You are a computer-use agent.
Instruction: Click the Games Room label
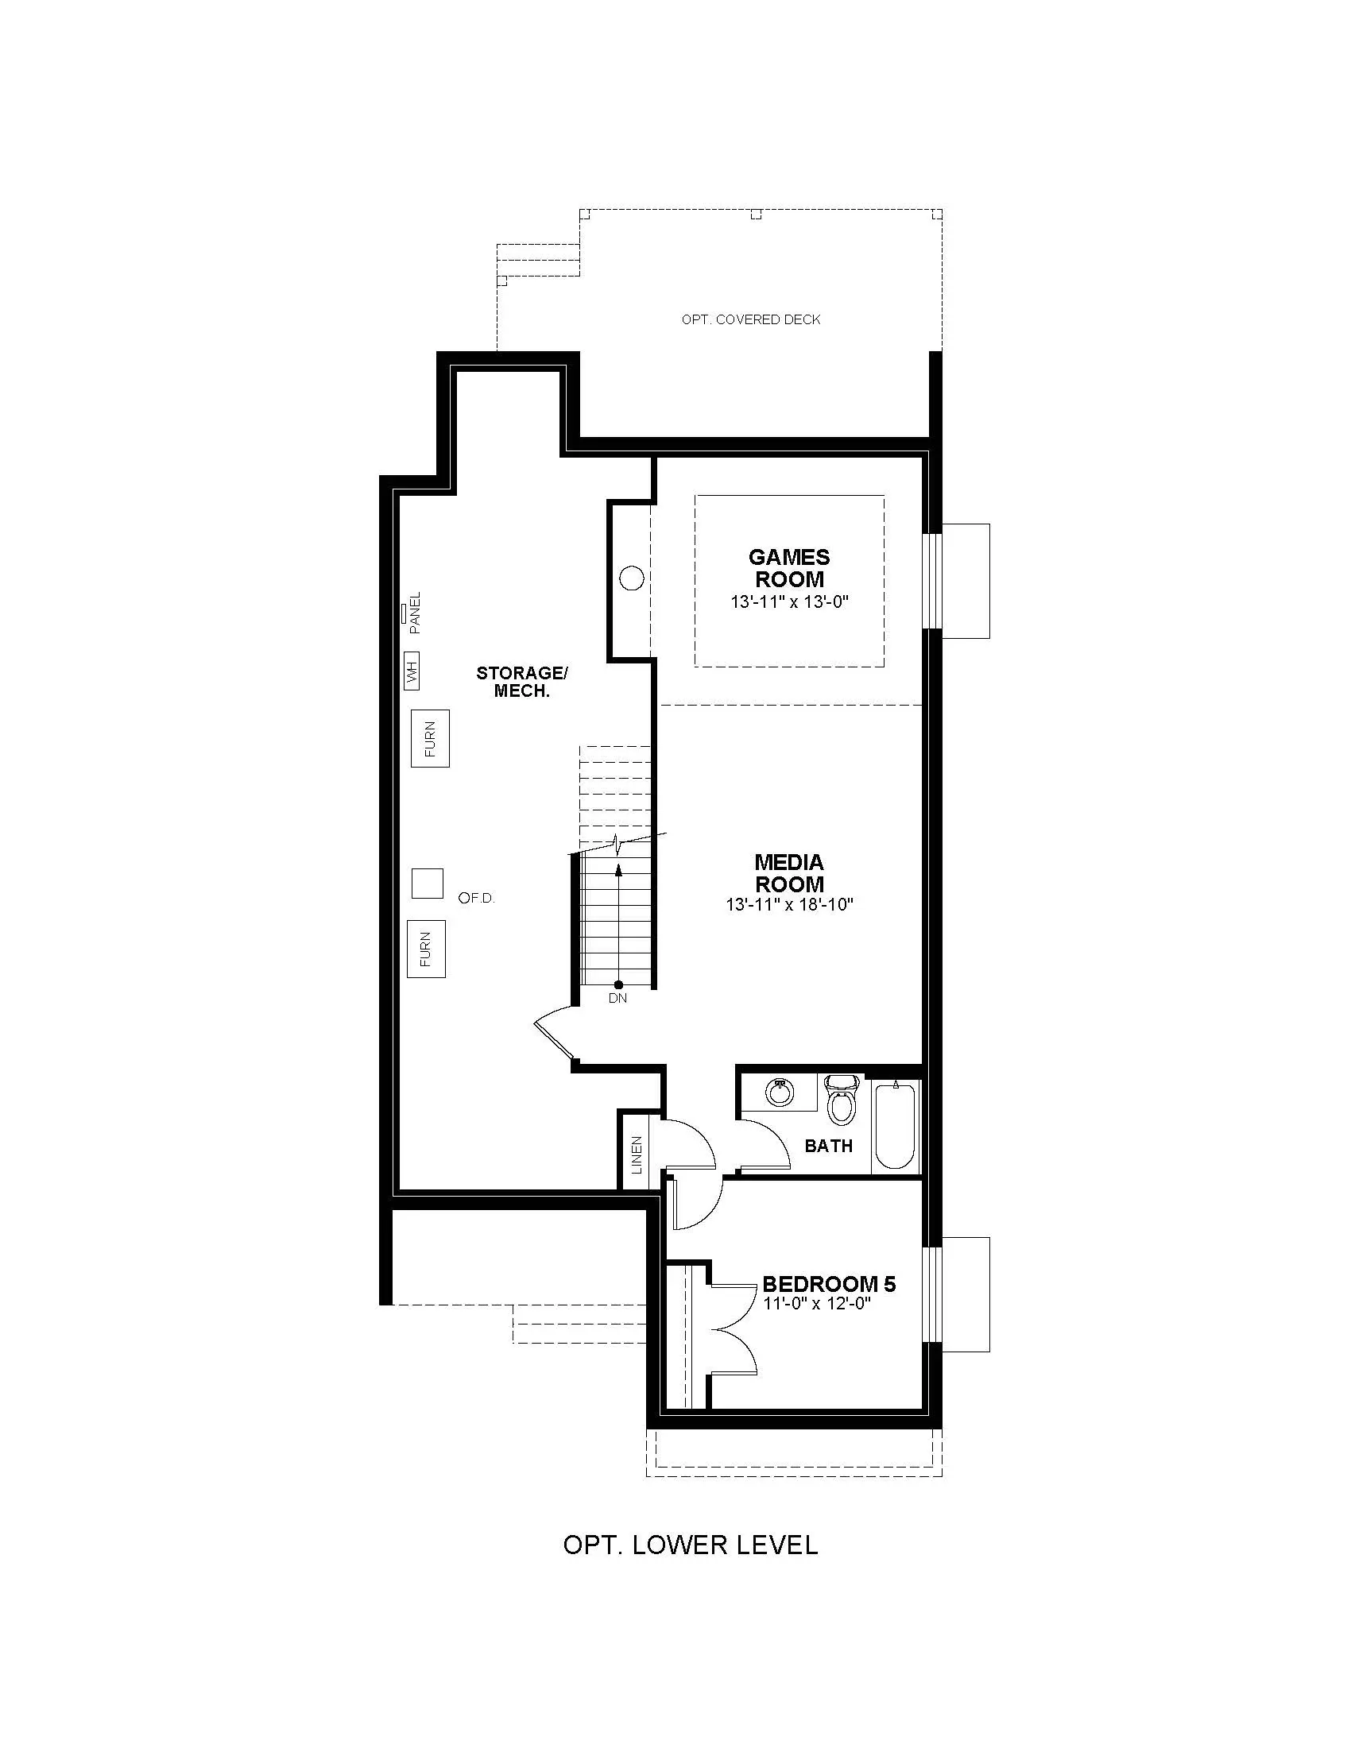[x=789, y=567]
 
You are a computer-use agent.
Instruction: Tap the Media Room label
[x=789, y=873]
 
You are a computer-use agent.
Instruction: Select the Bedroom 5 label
[x=829, y=1285]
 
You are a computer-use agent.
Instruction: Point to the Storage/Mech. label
[x=522, y=682]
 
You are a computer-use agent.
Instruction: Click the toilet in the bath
[x=840, y=1099]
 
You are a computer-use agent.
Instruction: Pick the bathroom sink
[x=778, y=1092]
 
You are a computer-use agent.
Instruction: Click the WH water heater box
[x=412, y=670]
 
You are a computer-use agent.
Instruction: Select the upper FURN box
[x=430, y=738]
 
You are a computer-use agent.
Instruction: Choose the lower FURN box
[x=426, y=949]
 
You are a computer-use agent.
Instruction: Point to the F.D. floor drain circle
[x=463, y=898]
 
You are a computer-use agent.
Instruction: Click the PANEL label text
[x=414, y=613]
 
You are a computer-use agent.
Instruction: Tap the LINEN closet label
[x=637, y=1155]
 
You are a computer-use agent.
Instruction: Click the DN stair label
[x=617, y=998]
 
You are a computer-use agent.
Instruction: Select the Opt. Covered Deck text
[x=751, y=319]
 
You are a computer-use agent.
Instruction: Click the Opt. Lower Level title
[x=691, y=1545]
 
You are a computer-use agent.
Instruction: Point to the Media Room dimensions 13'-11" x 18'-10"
[x=790, y=905]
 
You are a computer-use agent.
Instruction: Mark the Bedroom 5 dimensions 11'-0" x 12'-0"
[x=816, y=1303]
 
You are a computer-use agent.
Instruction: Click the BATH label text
[x=828, y=1146]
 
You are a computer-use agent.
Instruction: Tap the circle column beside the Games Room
[x=633, y=578]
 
